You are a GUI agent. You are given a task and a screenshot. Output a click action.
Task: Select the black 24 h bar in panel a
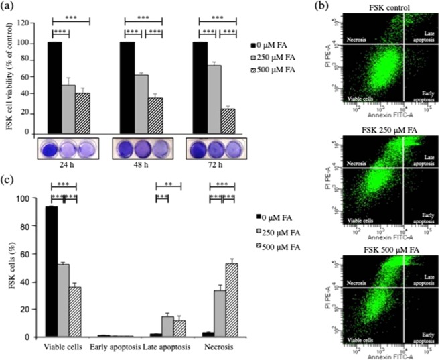pos(54,86)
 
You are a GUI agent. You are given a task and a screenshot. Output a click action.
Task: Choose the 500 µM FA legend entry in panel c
pos(282,247)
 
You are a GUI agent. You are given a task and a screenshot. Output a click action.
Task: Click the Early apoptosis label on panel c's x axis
pos(115,347)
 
